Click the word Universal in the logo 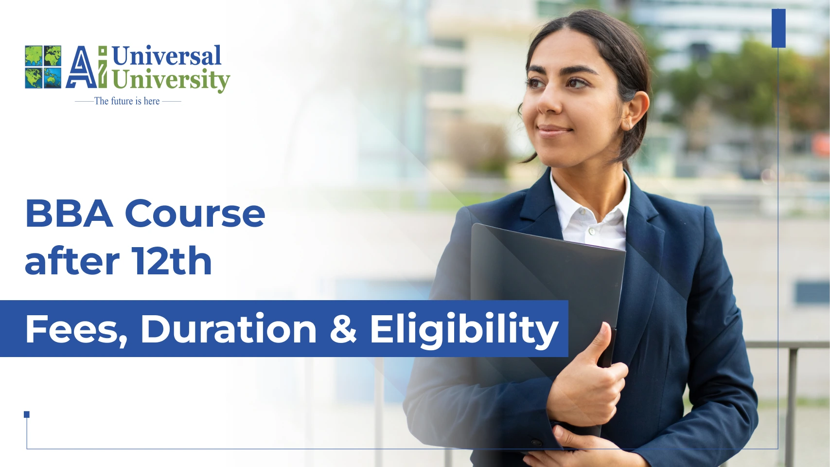pos(166,55)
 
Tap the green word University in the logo pos(171,80)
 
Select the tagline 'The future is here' pos(127,101)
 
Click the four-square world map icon pos(43,67)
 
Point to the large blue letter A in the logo pos(82,67)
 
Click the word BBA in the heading pos(69,214)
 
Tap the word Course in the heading pos(195,214)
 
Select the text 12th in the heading pos(171,261)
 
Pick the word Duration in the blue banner pos(229,329)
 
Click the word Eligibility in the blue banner pos(464,330)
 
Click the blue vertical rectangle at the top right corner pos(778,28)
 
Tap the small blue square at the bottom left pos(27,414)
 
